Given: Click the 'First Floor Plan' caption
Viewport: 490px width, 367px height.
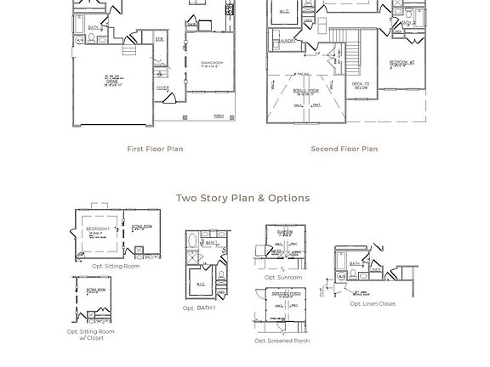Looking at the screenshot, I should (155, 149).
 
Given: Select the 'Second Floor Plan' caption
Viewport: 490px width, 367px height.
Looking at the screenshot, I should (344, 149).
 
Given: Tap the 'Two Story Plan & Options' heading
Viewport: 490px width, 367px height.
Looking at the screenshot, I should (242, 198).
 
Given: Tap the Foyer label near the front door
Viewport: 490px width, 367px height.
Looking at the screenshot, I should (162, 88).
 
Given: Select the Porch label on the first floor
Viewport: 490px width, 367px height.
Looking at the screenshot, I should (219, 116).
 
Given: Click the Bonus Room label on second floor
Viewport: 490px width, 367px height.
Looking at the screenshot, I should (305, 90).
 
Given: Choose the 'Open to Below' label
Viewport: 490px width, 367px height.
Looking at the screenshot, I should (361, 86).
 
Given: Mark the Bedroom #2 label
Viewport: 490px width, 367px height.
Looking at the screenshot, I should (402, 63).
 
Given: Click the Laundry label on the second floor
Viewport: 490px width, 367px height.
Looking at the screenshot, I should (287, 41).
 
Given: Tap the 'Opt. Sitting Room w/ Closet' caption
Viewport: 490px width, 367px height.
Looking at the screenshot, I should (91, 335).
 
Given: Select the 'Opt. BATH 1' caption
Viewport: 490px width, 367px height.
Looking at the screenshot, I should (199, 308).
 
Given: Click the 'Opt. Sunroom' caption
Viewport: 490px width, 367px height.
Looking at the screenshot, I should (282, 278).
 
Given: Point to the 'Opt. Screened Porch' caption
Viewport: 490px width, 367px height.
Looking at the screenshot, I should (282, 341).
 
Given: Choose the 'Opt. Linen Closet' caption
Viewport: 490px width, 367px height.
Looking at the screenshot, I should (373, 303).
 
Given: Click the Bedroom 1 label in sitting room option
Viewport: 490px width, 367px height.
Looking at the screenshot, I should (97, 230).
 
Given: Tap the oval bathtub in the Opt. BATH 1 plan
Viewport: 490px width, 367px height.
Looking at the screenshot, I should (192, 240).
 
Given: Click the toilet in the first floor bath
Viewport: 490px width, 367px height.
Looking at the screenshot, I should (80, 39).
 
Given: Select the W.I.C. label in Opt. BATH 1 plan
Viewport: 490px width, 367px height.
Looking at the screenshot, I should (201, 284).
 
